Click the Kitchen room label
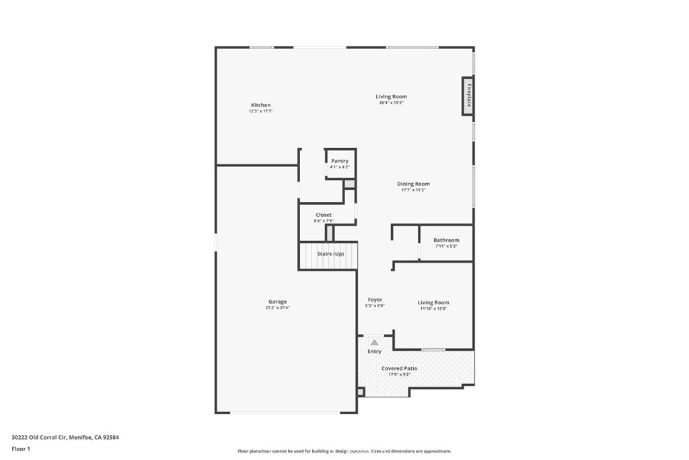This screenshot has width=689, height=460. pyautogui.click(x=260, y=105)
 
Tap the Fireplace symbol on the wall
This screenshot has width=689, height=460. pyautogui.click(x=468, y=95)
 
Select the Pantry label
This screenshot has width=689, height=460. pyautogui.click(x=340, y=161)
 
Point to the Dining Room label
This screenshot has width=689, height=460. pyautogui.click(x=413, y=184)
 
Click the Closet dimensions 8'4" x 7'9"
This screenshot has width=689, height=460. pyautogui.click(x=324, y=221)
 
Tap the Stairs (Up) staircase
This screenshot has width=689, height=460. pyautogui.click(x=328, y=255)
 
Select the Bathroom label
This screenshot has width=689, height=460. pyautogui.click(x=446, y=240)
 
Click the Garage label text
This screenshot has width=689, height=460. pyautogui.click(x=277, y=302)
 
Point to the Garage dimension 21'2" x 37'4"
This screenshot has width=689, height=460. pyautogui.click(x=277, y=308)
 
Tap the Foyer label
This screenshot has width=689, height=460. pyautogui.click(x=375, y=300)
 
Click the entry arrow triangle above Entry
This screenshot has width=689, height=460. pyautogui.click(x=375, y=343)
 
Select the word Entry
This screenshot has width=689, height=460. pyautogui.click(x=374, y=352)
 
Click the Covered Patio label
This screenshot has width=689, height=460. pyautogui.click(x=400, y=368)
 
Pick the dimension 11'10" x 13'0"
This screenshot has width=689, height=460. pyautogui.click(x=433, y=308)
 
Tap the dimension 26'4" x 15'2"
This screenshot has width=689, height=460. pyautogui.click(x=391, y=102)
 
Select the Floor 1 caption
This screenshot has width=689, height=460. pyautogui.click(x=21, y=448)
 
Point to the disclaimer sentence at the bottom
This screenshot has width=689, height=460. pyautogui.click(x=344, y=451)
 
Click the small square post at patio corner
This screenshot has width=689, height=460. pyautogui.click(x=361, y=391)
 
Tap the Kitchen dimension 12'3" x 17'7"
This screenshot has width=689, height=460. pyautogui.click(x=260, y=111)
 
